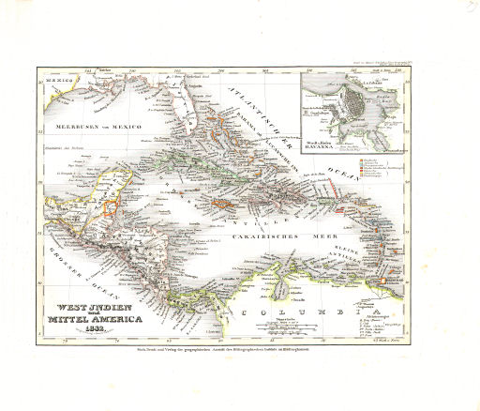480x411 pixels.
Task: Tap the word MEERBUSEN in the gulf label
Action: tap(75, 126)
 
